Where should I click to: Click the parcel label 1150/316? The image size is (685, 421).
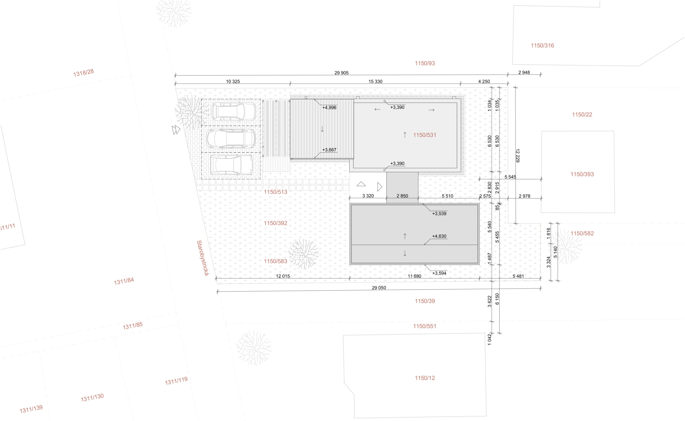[542, 45]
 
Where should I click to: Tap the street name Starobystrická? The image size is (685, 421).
[202, 258]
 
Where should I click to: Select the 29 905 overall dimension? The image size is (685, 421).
[341, 73]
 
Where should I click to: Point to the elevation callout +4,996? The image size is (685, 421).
[329, 108]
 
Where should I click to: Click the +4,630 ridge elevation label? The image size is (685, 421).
[439, 236]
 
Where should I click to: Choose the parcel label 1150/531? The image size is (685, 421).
[424, 135]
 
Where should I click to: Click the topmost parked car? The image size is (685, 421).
[234, 112]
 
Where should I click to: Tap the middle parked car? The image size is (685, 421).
[231, 138]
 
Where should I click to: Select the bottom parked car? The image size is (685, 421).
[231, 165]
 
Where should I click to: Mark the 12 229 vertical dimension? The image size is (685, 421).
[517, 155]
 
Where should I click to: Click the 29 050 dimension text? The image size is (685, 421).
[379, 288]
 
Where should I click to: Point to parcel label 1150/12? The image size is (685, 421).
[424, 378]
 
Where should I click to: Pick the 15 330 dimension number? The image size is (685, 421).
[375, 81]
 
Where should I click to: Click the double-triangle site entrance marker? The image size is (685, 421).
[176, 130]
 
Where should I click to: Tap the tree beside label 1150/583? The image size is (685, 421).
[303, 254]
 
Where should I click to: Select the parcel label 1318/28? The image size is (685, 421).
[83, 73]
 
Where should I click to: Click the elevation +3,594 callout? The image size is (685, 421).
[439, 273]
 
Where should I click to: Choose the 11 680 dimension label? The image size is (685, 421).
[414, 276]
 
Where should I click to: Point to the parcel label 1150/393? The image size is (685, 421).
[582, 174]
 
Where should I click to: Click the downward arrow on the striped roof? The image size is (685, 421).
[322, 129]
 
